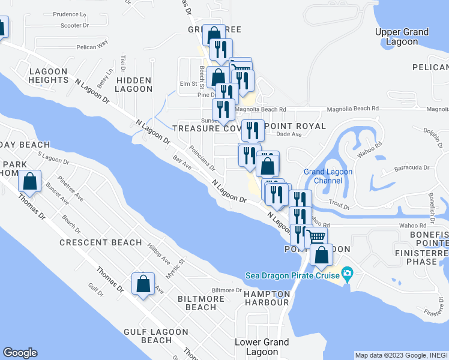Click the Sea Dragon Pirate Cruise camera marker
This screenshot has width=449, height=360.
click(347, 275)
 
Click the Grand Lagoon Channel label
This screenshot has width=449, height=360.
click(328, 176)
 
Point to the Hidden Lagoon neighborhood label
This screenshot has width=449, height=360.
click(134, 84)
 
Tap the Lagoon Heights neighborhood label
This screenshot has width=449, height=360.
click(48, 76)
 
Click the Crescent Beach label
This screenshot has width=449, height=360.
click(100, 243)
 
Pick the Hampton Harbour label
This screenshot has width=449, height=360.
click(267, 298)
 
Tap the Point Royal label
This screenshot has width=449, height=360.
click(295, 126)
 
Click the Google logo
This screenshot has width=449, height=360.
click(20, 353)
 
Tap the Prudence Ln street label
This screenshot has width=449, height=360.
click(70, 14)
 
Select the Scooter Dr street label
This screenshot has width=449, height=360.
click(74, 26)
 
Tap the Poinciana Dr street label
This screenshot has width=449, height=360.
click(201, 158)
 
